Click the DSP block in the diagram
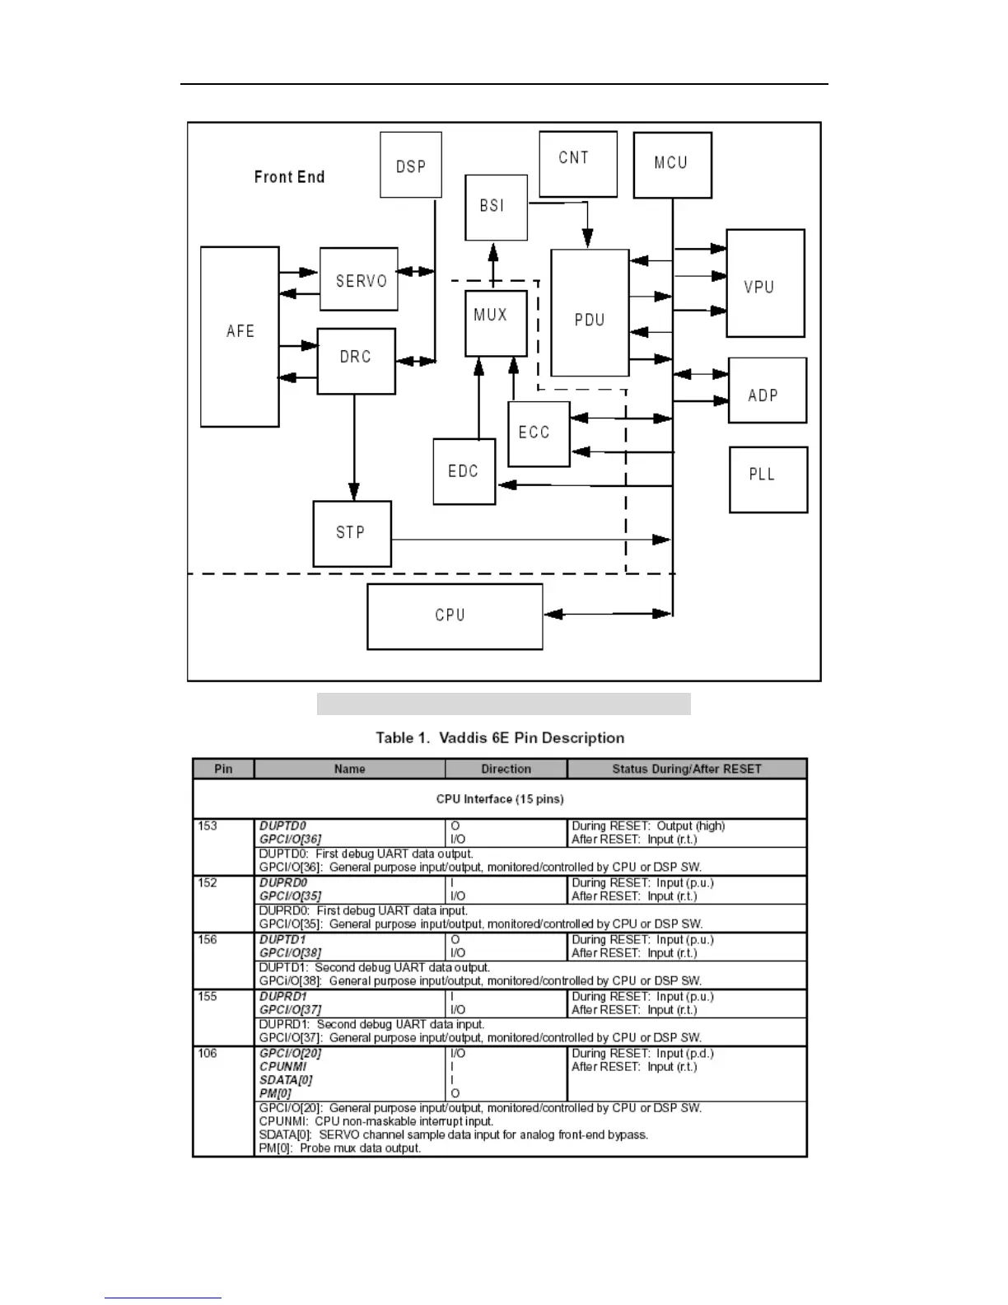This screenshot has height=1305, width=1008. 411,165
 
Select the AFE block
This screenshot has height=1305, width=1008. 240,336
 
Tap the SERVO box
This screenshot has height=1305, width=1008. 359,279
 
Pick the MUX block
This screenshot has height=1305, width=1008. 496,323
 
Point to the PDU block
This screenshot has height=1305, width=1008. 590,313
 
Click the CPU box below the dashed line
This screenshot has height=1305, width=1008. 455,616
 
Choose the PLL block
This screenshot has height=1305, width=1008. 768,479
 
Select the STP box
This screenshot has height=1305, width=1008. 352,533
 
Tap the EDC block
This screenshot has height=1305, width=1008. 464,471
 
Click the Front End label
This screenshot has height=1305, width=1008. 289,176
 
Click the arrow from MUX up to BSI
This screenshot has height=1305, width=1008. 494,265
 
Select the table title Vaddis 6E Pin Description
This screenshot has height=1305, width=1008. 500,737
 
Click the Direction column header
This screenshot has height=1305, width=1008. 506,769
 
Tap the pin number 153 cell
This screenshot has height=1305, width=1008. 208,826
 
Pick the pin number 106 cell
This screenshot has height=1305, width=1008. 208,1053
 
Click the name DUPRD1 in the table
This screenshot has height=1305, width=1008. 283,996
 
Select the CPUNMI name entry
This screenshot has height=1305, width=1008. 282,1066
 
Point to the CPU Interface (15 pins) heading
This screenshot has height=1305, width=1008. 500,799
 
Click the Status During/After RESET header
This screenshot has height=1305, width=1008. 687,769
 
